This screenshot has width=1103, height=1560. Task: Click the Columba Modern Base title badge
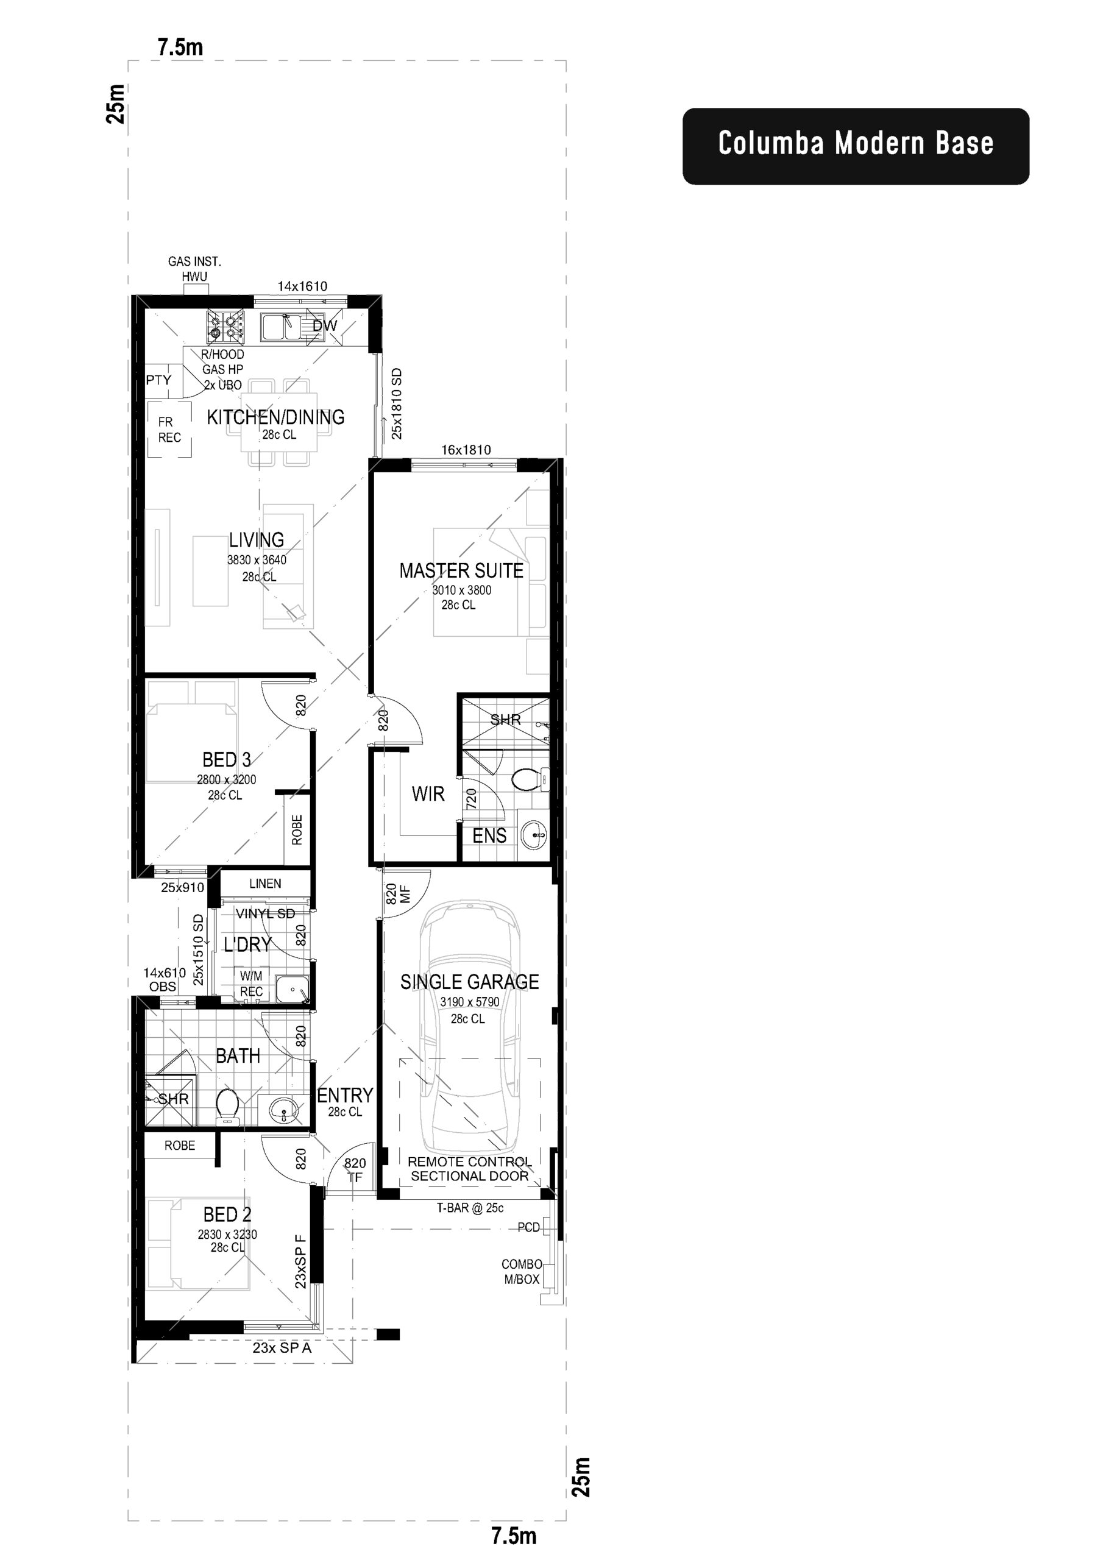coord(855,146)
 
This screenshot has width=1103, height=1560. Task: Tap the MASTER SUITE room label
coord(461,571)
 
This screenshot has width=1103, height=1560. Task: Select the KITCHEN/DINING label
coord(275,417)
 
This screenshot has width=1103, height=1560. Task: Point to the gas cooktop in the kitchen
coord(225,326)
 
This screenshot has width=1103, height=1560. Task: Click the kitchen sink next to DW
coord(282,327)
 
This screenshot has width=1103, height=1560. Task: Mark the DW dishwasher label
coord(324,325)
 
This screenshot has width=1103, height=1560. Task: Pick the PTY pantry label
coord(158,380)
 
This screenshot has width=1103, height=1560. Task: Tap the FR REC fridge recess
coord(169,430)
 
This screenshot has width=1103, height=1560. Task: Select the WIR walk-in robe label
coord(427,793)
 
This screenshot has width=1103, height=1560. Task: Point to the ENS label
coord(489,835)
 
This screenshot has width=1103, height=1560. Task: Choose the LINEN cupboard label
coord(264,883)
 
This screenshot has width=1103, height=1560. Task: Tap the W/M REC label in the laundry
coord(251,984)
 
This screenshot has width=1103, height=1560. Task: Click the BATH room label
coord(238,1056)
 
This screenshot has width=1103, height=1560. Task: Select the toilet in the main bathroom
coord(226,1104)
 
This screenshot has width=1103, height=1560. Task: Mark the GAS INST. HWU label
coord(194,268)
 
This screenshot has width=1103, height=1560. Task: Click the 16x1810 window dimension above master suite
coord(466,450)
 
